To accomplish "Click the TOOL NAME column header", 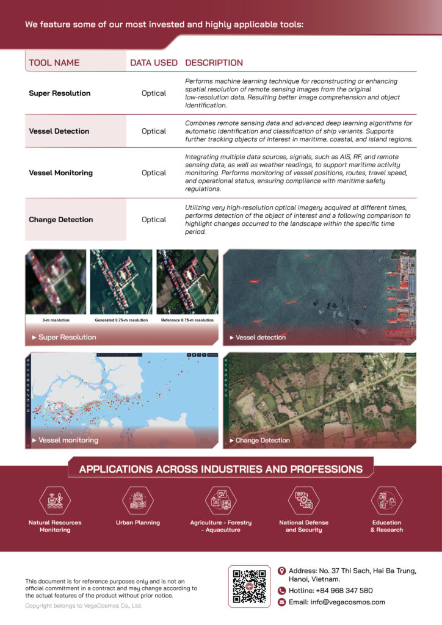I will pyautogui.click(x=54, y=63).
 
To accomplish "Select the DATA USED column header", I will pyautogui.click(x=154, y=63).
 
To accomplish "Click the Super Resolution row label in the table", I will pyautogui.click(x=59, y=93).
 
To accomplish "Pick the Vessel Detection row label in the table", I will pyautogui.click(x=59, y=131).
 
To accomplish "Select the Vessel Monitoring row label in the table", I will pyautogui.click(x=60, y=173).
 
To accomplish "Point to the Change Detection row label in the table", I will pyautogui.click(x=60, y=220).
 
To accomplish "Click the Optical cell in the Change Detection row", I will pyautogui.click(x=154, y=220).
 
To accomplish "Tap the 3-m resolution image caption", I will pyautogui.click(x=56, y=320).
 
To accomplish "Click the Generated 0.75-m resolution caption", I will pyautogui.click(x=121, y=320).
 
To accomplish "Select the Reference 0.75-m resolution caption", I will pyautogui.click(x=187, y=320).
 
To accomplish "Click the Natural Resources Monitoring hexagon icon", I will pyautogui.click(x=55, y=500).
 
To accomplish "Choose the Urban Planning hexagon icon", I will pyautogui.click(x=138, y=500).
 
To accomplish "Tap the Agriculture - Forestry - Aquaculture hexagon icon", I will pyautogui.click(x=221, y=500).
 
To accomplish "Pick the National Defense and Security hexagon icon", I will pyautogui.click(x=303, y=500).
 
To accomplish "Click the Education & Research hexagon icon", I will pyautogui.click(x=386, y=500).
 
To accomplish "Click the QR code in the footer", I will pyautogui.click(x=249, y=586).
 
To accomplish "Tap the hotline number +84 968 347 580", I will pyautogui.click(x=339, y=591).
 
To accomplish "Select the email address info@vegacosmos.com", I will pyautogui.click(x=337, y=602).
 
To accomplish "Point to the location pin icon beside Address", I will pyautogui.click(x=281, y=571).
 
